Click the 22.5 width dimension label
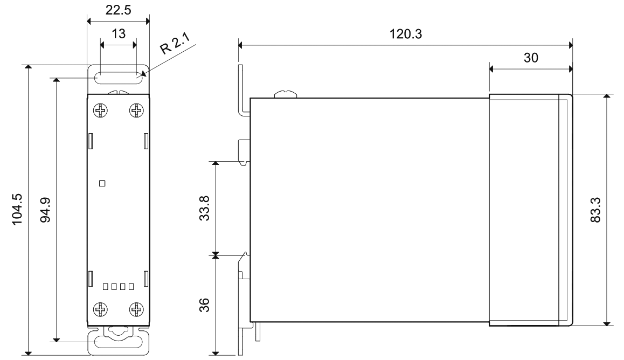tap(117, 10)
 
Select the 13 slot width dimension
tap(118, 33)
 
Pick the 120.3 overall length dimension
tap(405, 34)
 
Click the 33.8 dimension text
tap(204, 207)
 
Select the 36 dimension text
tap(204, 305)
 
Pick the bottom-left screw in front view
tap(101, 309)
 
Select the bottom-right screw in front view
tap(136, 309)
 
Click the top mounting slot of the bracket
tap(118, 78)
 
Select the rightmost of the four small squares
tap(130, 286)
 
